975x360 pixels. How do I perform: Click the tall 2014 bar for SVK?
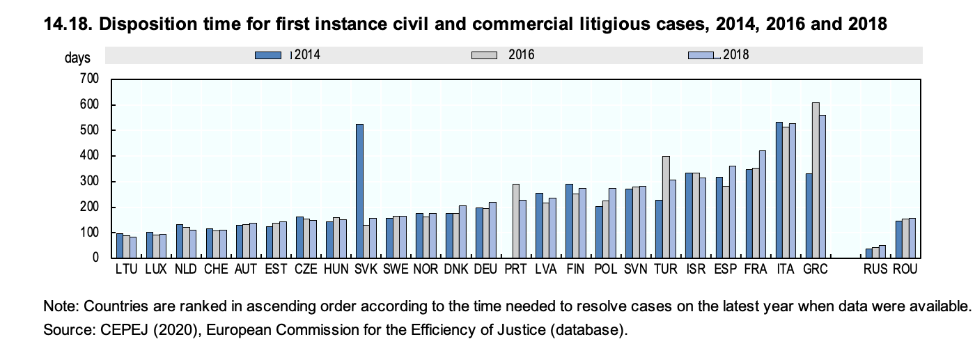coord(359,191)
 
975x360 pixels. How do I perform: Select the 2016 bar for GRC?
coord(816,180)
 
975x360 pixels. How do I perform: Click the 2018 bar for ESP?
coord(732,212)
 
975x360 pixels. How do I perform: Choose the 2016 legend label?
coord(521,55)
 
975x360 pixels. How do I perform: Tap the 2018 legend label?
coord(736,55)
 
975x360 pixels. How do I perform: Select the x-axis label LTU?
coord(126,269)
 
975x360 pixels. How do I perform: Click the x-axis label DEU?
coord(485,269)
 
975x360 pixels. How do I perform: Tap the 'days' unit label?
coord(77,58)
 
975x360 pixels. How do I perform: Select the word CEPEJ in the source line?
coord(114,329)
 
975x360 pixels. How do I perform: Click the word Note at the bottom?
coord(57,307)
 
